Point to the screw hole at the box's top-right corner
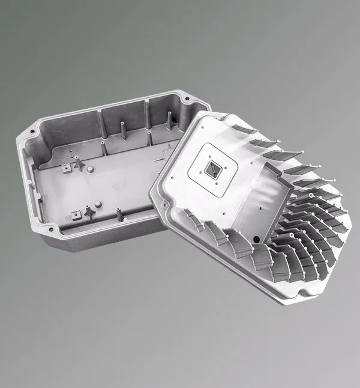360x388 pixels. [185, 98]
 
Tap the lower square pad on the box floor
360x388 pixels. [76, 212]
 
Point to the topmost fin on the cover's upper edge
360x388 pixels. [243, 129]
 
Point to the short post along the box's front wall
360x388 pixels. [120, 214]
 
